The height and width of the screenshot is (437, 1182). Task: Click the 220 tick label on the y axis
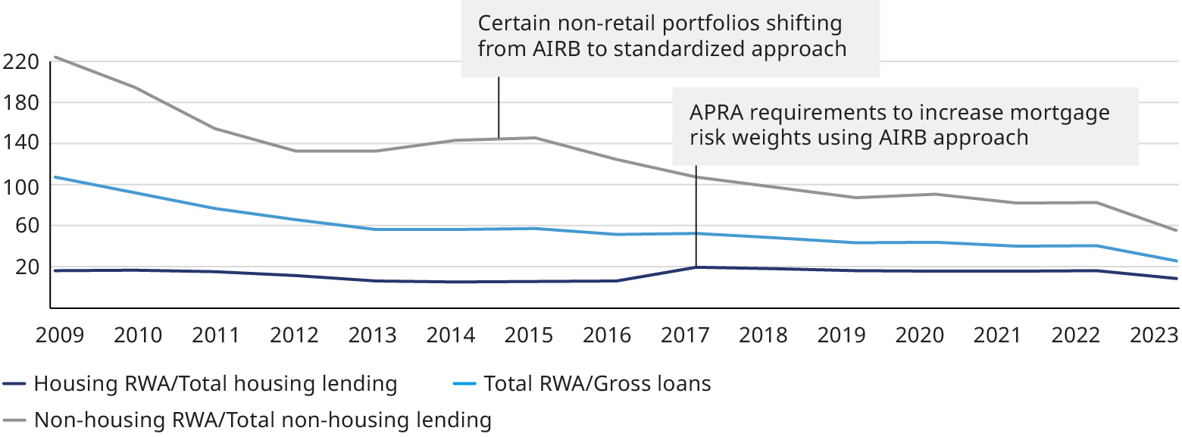[20, 62]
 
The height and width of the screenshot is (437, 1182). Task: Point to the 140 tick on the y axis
[20, 144]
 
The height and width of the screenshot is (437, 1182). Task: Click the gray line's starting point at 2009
[52, 58]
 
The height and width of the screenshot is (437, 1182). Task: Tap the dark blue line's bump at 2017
[696, 267]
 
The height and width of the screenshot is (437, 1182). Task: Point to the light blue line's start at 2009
[52, 177]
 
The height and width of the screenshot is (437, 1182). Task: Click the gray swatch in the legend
[15, 420]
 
